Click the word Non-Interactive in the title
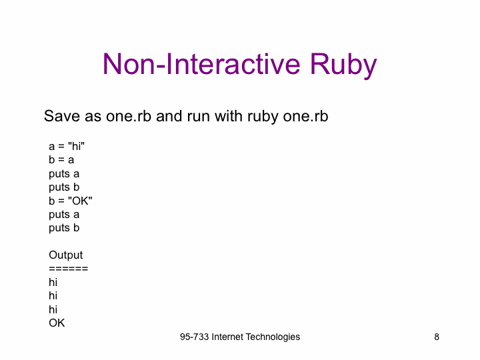[x=201, y=64]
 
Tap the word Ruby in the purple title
[x=343, y=66]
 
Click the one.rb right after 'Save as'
[x=129, y=116]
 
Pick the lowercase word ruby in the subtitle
[x=263, y=117]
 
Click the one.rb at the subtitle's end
[x=305, y=116]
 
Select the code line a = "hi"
[x=67, y=146]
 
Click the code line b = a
[x=61, y=160]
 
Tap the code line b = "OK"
[x=71, y=201]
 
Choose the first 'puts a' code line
[x=64, y=174]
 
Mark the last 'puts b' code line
[x=64, y=228]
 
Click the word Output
[x=65, y=255]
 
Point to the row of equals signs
[x=68, y=269]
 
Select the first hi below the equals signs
[x=53, y=282]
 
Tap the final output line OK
[x=57, y=323]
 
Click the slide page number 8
[x=437, y=337]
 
